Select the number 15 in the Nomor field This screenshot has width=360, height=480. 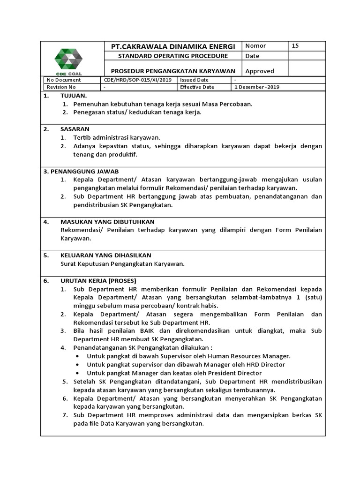click(x=295, y=46)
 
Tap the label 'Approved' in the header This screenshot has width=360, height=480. click(x=260, y=71)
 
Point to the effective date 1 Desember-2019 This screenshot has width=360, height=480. click(x=257, y=87)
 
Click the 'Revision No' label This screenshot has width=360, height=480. click(x=61, y=87)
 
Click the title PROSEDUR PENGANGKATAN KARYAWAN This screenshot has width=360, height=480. click(x=172, y=71)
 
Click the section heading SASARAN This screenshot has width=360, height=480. click(x=75, y=129)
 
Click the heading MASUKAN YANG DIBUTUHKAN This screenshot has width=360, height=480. click(x=108, y=222)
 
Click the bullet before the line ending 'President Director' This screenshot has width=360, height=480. click(x=77, y=373)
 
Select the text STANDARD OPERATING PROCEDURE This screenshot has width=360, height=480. click(x=172, y=56)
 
